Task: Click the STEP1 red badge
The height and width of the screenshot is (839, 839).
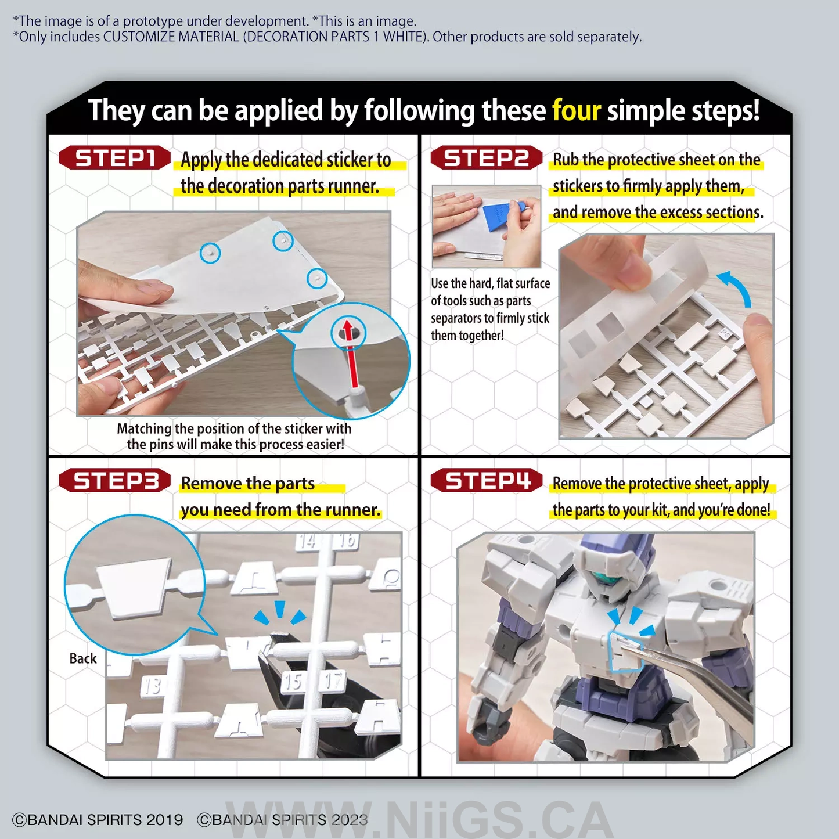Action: point(114,157)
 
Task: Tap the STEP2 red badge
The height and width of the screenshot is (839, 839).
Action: point(487,157)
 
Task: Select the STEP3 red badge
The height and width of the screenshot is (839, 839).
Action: point(114,481)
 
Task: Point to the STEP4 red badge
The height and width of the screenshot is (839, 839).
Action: point(487,481)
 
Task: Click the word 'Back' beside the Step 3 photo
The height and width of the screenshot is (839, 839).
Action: point(82,658)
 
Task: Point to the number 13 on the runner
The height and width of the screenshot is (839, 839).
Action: point(152,687)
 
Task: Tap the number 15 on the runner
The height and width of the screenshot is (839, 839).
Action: point(293,682)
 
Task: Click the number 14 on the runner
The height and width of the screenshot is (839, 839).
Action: point(307,541)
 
